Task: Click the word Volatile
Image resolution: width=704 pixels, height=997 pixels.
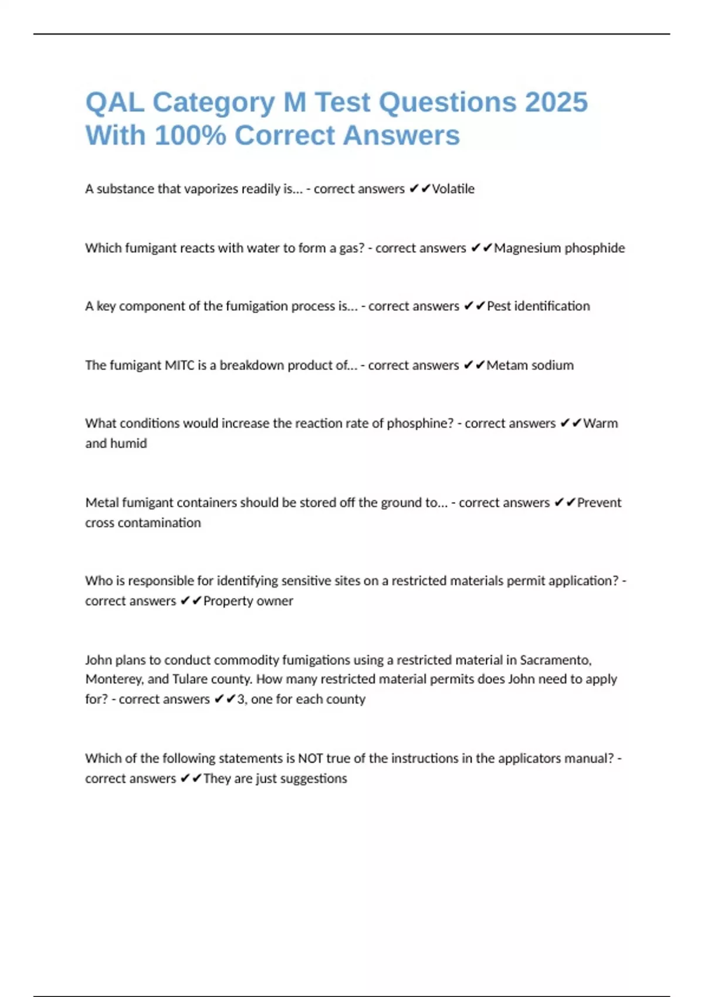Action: tap(453, 189)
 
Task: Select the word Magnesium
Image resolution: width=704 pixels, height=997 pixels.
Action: tap(527, 248)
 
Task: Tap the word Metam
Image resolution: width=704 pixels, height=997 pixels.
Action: tap(506, 365)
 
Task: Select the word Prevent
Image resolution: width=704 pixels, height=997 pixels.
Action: tap(599, 503)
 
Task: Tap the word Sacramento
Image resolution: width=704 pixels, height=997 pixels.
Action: tap(556, 660)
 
